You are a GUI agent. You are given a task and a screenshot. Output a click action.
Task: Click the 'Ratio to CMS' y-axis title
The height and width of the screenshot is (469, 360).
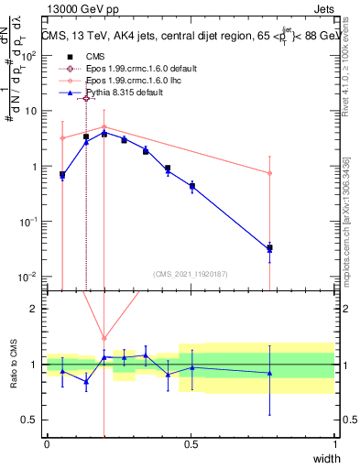pyautogui.click(x=14, y=365)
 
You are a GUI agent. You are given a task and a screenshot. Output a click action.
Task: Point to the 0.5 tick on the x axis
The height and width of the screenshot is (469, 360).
pyautogui.click(x=191, y=444)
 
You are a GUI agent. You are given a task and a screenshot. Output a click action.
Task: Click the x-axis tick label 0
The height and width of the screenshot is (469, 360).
pyautogui.click(x=47, y=444)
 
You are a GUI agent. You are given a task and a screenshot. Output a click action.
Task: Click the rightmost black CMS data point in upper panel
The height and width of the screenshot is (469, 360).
pyautogui.click(x=269, y=248)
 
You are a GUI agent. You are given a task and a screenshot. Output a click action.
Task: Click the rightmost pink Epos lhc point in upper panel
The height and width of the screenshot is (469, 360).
pyautogui.click(x=269, y=173)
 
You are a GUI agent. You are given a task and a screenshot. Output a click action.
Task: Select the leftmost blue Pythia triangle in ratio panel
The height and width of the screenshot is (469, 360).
pyautogui.click(x=61, y=371)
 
